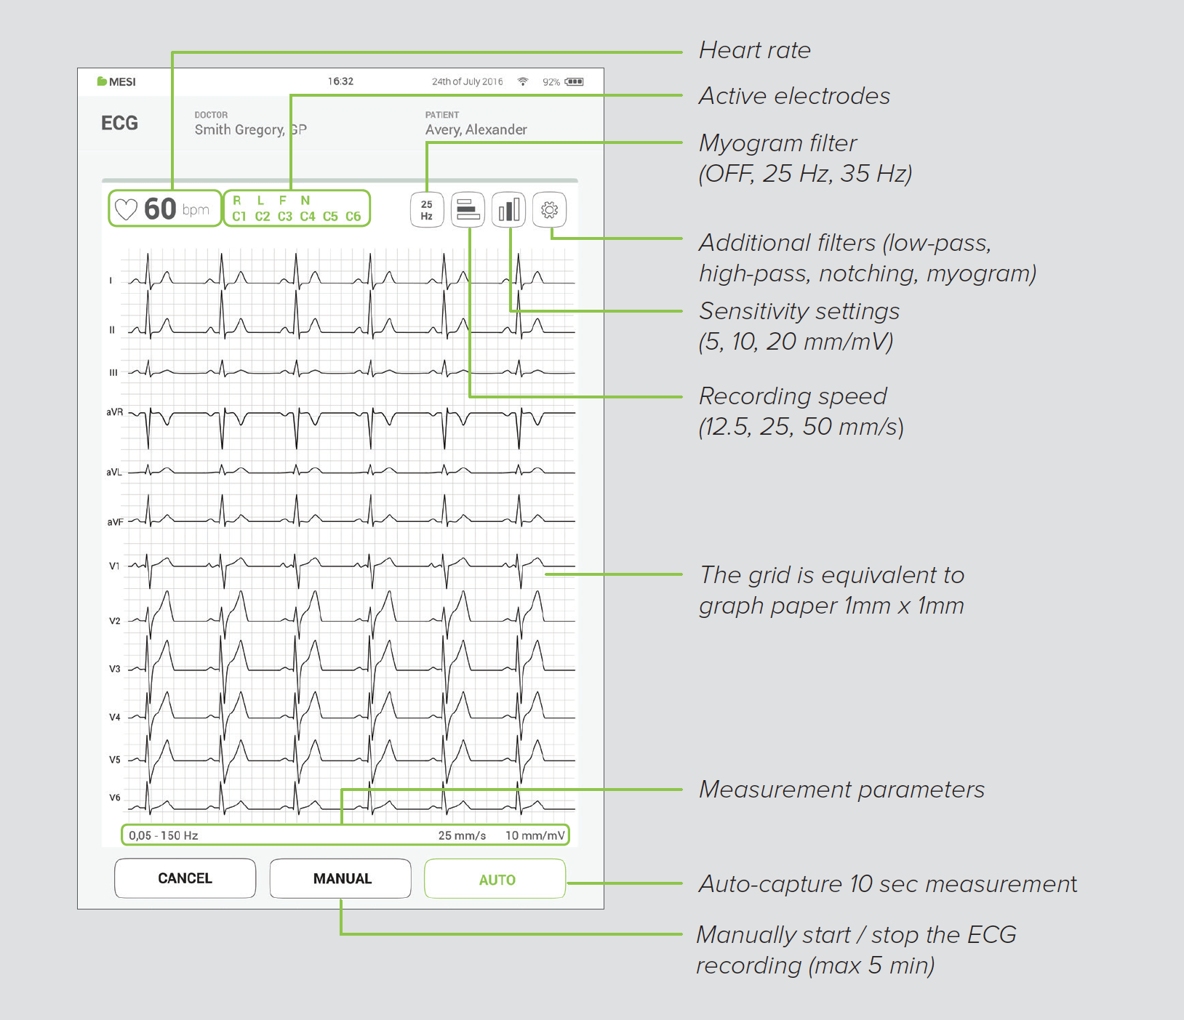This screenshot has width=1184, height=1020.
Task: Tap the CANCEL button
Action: click(x=185, y=878)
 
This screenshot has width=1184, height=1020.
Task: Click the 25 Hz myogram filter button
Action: click(x=427, y=210)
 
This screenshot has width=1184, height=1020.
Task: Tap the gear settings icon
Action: click(x=549, y=210)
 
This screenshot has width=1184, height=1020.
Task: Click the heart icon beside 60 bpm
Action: click(x=127, y=210)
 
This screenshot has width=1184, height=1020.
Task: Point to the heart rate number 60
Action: click(x=160, y=209)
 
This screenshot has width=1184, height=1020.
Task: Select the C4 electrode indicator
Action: click(x=308, y=217)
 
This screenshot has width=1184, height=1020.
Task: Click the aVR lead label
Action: click(x=114, y=412)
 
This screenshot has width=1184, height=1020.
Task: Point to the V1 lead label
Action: click(x=114, y=566)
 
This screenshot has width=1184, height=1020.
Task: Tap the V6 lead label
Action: click(x=114, y=798)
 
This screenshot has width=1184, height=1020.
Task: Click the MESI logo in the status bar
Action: click(x=116, y=81)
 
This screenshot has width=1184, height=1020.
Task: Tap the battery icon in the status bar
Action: click(x=574, y=81)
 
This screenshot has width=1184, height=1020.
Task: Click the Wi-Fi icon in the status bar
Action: click(x=522, y=81)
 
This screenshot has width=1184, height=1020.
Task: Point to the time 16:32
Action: click(x=340, y=81)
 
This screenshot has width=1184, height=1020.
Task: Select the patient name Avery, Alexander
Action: click(x=476, y=130)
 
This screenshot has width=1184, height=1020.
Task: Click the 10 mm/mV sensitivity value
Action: click(x=535, y=835)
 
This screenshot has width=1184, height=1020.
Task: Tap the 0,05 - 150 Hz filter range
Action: click(x=164, y=835)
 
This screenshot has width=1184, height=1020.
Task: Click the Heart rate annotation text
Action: click(x=754, y=50)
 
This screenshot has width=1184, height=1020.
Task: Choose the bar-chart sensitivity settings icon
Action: click(x=509, y=210)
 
